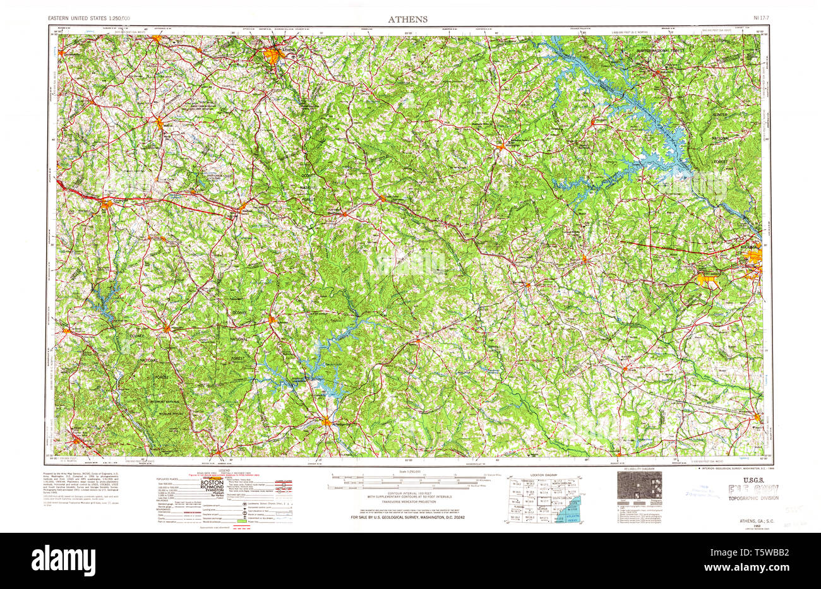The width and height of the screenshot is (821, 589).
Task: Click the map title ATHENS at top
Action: pos(407,19)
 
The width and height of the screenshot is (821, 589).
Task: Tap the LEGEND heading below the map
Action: pos(226,470)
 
